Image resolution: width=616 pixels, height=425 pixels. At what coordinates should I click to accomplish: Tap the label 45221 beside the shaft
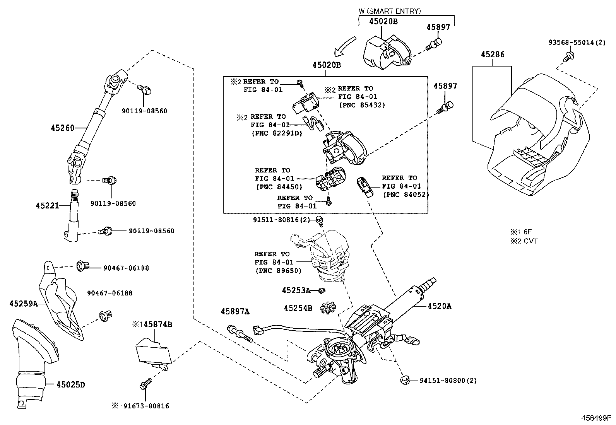click(48, 206)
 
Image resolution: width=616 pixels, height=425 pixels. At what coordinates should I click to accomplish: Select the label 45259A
click(23, 304)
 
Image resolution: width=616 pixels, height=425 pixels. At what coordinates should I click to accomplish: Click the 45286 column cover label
click(493, 55)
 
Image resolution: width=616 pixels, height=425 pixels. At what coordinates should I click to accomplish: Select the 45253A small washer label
click(296, 290)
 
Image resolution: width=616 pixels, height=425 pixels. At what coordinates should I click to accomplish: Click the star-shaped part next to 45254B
click(329, 308)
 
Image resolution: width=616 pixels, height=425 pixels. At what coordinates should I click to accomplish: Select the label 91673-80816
click(144, 406)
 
